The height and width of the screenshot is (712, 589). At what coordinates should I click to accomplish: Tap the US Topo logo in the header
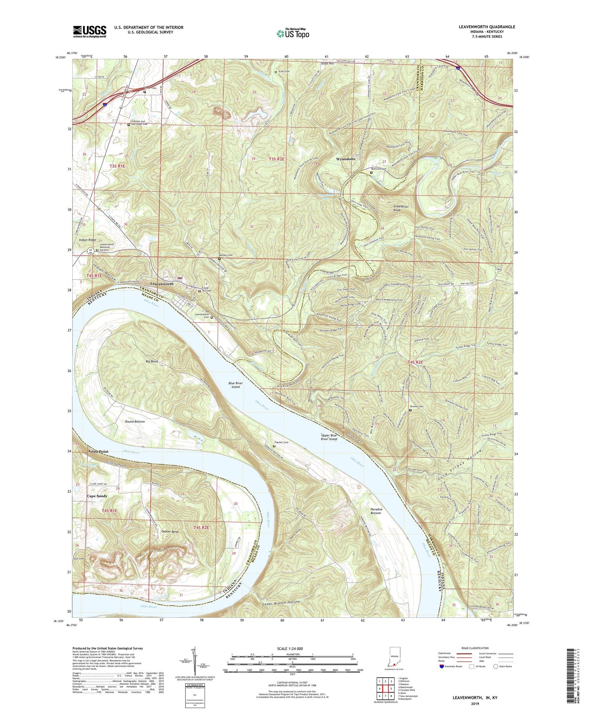pos(292,34)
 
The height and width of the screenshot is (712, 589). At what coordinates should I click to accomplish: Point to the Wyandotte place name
pos(346,159)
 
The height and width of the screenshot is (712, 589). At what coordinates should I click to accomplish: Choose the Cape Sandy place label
pos(97,496)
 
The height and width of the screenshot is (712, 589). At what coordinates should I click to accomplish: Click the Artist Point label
pos(96,452)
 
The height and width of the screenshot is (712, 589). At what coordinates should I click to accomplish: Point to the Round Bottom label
pos(135,421)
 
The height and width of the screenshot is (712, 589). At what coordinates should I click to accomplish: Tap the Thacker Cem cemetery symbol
pos(274,446)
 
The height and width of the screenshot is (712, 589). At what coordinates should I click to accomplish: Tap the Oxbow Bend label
pos(170,532)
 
